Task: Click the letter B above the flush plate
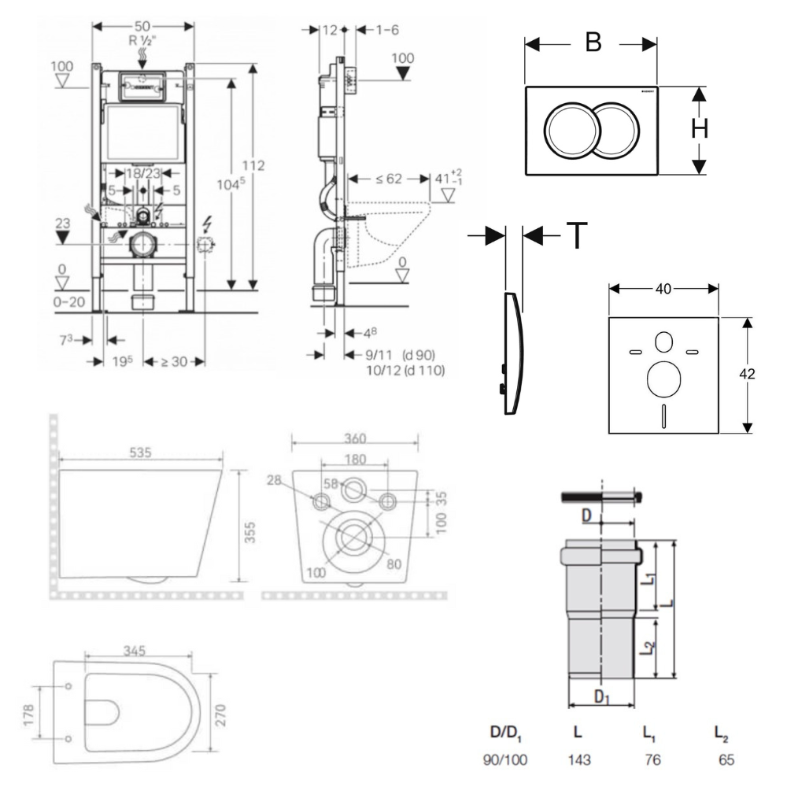(x=592, y=42)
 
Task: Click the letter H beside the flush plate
(x=699, y=131)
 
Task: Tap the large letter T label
(x=577, y=235)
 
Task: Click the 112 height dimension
(x=253, y=167)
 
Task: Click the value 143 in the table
(x=578, y=760)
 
